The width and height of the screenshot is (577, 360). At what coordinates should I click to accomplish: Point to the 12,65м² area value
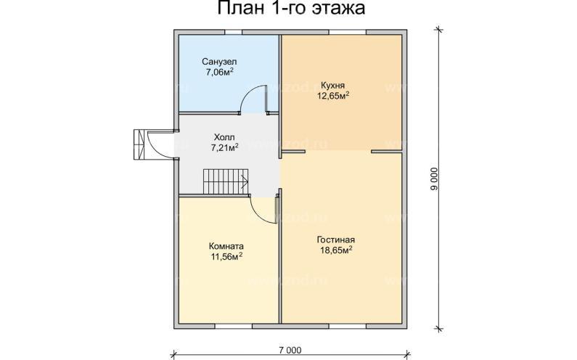coord(333,95)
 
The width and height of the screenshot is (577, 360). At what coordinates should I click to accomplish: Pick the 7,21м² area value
coord(224,147)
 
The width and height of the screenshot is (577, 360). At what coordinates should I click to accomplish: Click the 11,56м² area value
coord(226,257)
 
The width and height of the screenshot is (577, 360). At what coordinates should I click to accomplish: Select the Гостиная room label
coord(335,239)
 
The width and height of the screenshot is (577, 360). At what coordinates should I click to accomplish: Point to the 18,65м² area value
coord(335,250)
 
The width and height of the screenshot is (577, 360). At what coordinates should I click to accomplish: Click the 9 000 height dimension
coord(433,178)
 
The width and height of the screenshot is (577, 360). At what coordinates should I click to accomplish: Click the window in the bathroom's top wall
coord(233,31)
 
